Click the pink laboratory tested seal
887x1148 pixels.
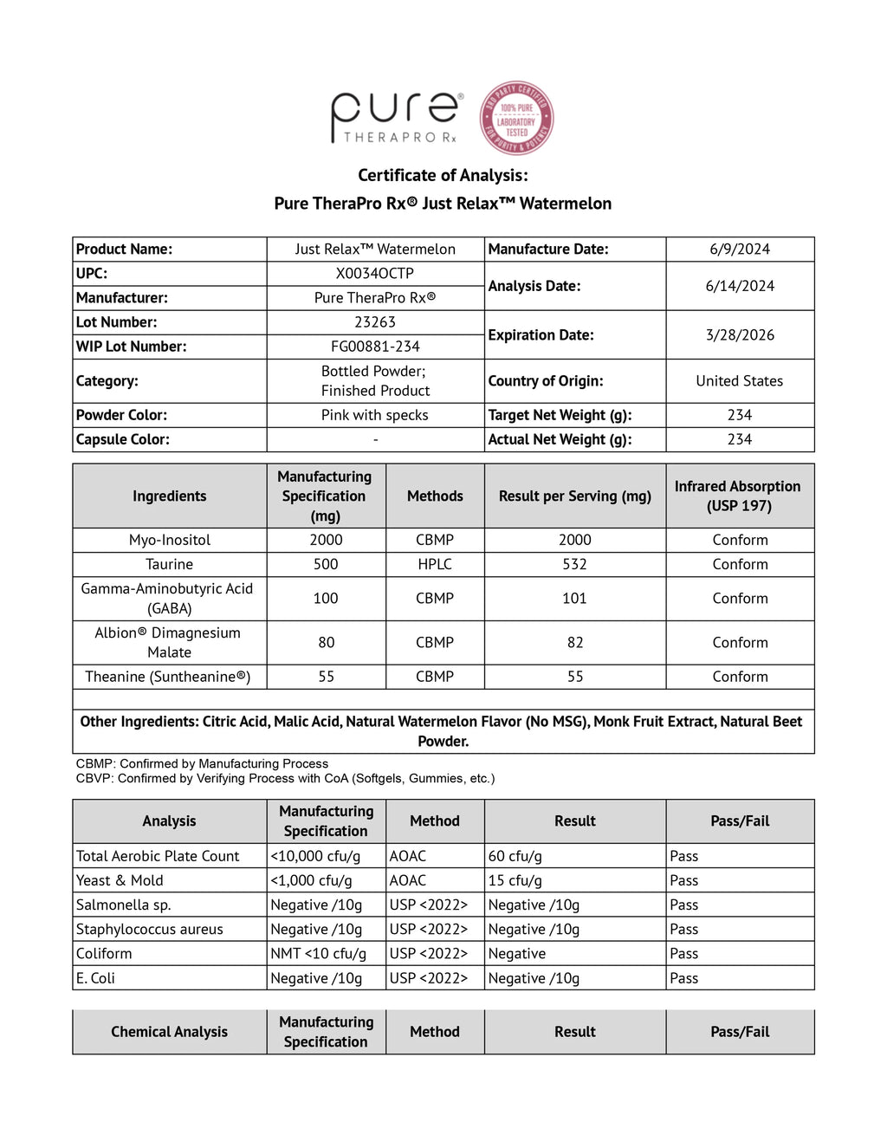point(517,119)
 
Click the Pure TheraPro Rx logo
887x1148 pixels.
point(396,118)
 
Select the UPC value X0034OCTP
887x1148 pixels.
point(375,274)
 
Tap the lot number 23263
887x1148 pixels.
point(375,322)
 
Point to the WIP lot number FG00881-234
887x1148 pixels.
point(375,347)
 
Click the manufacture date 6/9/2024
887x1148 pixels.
point(740,250)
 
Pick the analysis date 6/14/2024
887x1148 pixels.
point(740,286)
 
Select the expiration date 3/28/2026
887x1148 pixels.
point(740,335)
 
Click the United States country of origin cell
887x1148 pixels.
point(740,381)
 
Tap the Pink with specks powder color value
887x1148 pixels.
point(375,415)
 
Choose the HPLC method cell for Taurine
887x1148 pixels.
point(435,564)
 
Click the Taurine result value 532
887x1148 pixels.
point(575,564)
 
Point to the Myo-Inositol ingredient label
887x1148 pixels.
point(170,540)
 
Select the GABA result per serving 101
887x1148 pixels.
point(575,599)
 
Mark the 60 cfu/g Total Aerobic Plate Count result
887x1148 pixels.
point(515,856)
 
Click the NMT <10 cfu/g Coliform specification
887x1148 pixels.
point(319,953)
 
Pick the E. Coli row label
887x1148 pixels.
point(95,978)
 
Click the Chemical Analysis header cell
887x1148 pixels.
point(170,1032)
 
